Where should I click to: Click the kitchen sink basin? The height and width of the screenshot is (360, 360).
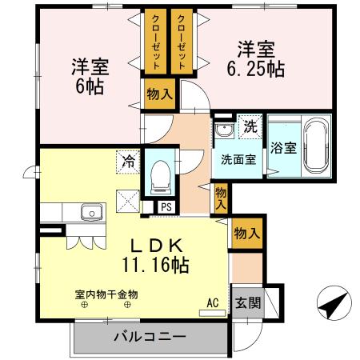91,213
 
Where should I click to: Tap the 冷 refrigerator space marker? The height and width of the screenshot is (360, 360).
128,160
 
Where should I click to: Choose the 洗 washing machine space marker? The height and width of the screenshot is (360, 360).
250,126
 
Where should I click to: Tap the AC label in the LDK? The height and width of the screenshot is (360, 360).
213,302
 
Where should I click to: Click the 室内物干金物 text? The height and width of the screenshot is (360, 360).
106,294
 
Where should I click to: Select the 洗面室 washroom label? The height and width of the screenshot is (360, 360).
239,158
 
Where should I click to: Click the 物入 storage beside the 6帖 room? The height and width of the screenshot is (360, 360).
159,94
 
